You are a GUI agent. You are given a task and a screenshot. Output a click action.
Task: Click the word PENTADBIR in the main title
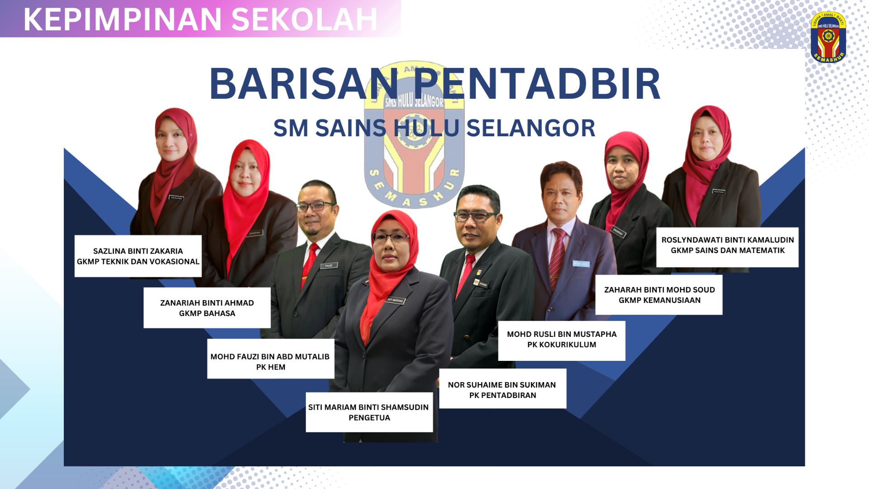coord(537,84)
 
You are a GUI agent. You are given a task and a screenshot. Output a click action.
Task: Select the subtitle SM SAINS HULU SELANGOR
coord(434,128)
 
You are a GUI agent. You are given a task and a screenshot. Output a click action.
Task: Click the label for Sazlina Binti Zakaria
coord(138,256)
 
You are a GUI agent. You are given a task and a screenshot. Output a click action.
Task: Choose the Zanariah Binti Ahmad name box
coord(207,308)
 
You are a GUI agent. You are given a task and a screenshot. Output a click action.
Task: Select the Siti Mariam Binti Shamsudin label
coord(369,412)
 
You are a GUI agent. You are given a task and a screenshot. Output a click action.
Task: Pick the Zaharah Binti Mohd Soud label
coord(659,295)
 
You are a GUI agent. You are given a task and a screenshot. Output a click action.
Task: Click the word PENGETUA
coord(369,418)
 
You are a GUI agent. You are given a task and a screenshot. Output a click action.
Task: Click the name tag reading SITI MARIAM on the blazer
coord(395,300)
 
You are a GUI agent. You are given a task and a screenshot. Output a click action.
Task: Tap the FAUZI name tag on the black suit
coord(329,266)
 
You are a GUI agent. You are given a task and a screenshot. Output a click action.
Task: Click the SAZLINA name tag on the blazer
coord(176,198)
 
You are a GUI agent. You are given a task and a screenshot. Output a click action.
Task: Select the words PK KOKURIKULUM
coord(561,345)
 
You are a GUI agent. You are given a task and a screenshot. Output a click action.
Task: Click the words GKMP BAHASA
coord(207,313)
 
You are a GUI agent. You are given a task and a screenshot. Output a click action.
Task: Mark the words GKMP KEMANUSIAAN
coord(659,300)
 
